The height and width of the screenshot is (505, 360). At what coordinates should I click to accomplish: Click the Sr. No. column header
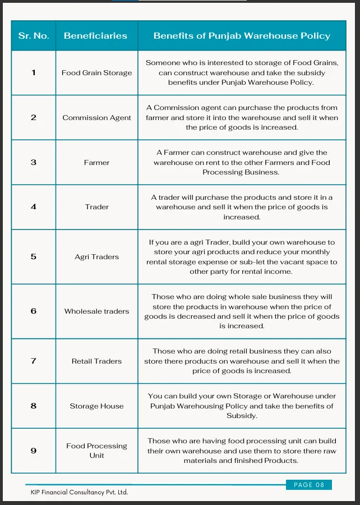tap(34, 36)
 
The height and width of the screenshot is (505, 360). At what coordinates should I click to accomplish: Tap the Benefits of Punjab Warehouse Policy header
tap(242, 36)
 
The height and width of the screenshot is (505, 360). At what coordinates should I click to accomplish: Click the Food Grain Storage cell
tap(96, 73)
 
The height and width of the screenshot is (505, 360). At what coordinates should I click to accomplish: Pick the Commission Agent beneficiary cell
tap(96, 118)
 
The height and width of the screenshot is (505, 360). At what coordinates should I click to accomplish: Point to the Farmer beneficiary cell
tap(96, 163)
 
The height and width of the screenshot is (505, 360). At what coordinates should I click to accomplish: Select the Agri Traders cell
tap(96, 257)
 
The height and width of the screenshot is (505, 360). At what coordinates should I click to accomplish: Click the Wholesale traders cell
tap(96, 311)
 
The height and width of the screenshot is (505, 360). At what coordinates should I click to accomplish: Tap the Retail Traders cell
tap(96, 361)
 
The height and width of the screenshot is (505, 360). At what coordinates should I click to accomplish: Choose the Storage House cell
tap(96, 406)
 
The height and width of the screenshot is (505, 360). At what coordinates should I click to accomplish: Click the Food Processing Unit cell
tap(96, 451)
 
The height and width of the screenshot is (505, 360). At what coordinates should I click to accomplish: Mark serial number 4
tap(34, 207)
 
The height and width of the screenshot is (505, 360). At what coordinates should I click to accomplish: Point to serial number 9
tap(34, 451)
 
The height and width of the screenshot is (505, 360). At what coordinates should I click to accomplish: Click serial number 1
tap(34, 73)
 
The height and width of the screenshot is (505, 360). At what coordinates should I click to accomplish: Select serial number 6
tap(34, 311)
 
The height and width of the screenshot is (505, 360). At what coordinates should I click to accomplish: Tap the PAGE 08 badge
tap(309, 485)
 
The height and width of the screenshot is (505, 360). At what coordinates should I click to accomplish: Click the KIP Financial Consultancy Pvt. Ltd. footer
tap(80, 492)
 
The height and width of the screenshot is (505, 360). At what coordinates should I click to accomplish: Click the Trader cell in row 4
tap(96, 207)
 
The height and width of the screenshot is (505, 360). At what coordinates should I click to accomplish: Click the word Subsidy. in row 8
tap(242, 416)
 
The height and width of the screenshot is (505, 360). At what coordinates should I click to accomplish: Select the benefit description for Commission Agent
tap(242, 118)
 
